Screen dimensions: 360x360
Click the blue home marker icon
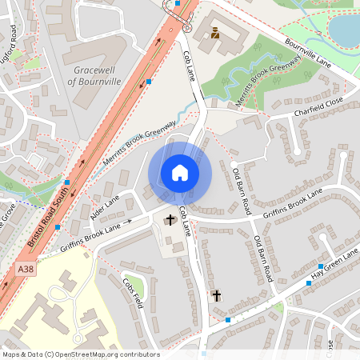(180, 173)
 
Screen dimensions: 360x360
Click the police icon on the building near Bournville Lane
(215, 33)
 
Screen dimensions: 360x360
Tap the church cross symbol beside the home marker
(170, 220)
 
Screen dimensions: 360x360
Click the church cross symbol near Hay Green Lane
(217, 296)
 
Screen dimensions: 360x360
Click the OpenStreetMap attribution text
(80, 354)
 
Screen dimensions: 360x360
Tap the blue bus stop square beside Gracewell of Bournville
(149, 81)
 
